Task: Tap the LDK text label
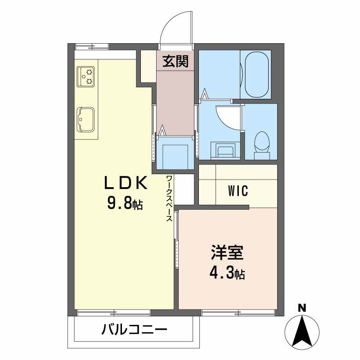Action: pyautogui.click(x=126, y=184)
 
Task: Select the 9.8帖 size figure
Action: pyautogui.click(x=125, y=204)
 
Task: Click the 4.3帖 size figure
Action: pyautogui.click(x=227, y=273)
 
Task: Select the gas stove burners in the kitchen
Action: pyautogui.click(x=86, y=76)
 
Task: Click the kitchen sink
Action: pyautogui.click(x=85, y=119)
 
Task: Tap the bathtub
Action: pyautogui.click(x=257, y=74)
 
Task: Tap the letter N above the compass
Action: pyautogui.click(x=302, y=309)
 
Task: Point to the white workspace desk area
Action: pyautogui.click(x=184, y=189)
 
